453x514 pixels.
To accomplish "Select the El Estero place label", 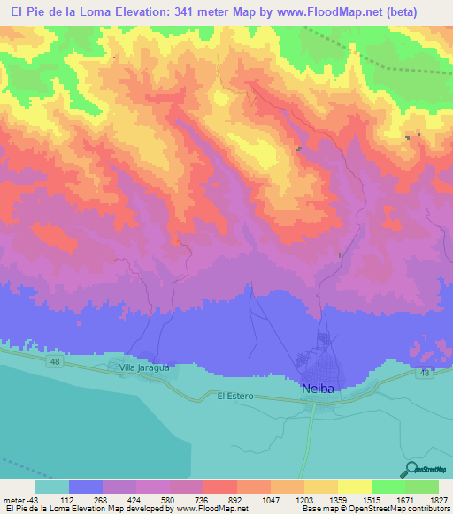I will pos(235,397).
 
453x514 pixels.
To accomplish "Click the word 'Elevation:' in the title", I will pos(142,11).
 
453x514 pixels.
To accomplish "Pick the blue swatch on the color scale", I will pos(86,487).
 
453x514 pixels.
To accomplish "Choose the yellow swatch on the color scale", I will pos(355,487).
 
